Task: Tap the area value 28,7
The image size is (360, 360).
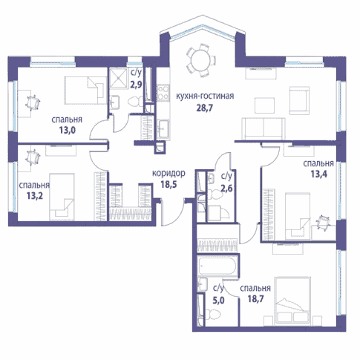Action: coord(205,108)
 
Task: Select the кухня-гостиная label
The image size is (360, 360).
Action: coord(205,96)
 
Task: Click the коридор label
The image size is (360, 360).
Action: coord(168,174)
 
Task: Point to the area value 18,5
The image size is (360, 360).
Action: coord(168,184)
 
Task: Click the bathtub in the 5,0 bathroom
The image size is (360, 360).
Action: coord(217,266)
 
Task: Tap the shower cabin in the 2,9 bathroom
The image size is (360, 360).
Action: coord(118,78)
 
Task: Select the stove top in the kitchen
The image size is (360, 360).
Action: coord(163,93)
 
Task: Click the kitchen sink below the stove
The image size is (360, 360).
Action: coord(163,128)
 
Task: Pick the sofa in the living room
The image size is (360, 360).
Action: coord(264,128)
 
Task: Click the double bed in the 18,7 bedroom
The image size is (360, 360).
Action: coord(292,301)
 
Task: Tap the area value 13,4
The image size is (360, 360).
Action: coord(319,174)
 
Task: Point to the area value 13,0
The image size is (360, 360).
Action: coord(67,130)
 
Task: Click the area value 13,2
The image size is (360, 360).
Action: coord(35,196)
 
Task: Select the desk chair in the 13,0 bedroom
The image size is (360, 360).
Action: coord(33,102)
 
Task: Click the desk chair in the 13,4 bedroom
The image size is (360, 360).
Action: coord(323,223)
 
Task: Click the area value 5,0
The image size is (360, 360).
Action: coord(218,300)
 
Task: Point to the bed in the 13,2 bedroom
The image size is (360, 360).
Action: coord(62,197)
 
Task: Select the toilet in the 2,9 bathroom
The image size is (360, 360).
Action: coord(135,102)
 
